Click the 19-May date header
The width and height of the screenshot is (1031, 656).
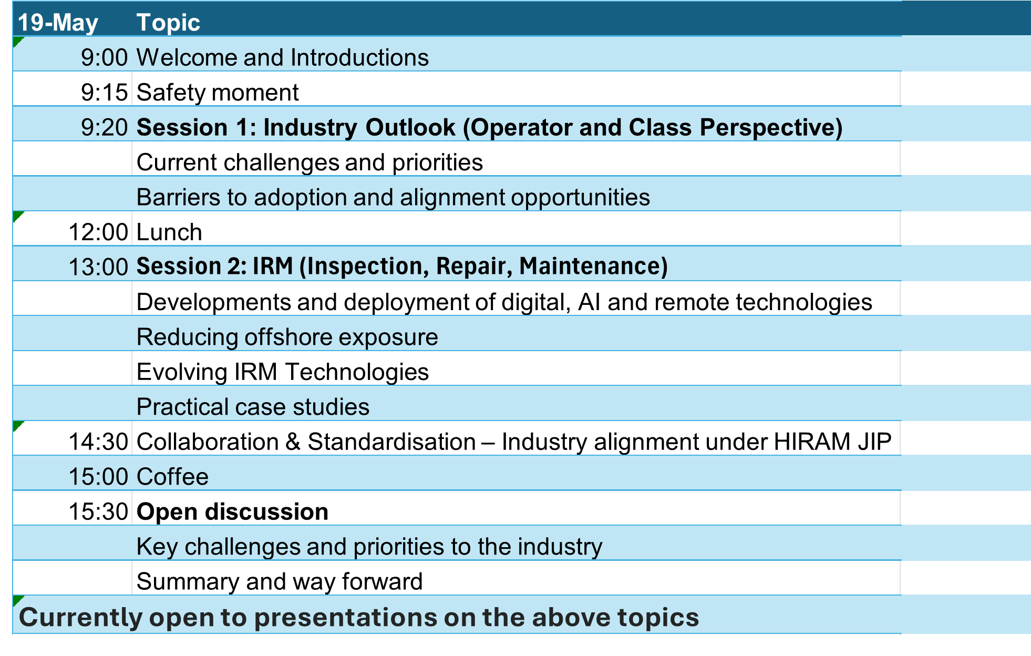point(58,23)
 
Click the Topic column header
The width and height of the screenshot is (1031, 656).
point(168,23)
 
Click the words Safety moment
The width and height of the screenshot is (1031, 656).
point(218,93)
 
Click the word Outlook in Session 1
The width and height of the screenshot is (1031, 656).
point(410,127)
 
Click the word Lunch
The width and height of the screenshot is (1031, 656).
point(169,232)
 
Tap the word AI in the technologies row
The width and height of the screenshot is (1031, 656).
point(589,302)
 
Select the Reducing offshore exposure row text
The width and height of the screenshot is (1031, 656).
point(287,337)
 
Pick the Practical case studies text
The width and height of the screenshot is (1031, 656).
point(253,407)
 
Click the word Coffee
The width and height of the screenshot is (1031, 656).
point(172,477)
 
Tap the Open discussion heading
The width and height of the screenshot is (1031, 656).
point(232,511)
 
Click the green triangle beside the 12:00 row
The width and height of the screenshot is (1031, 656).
point(17,216)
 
